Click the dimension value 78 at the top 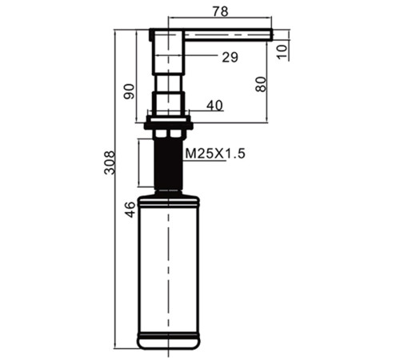[221, 11]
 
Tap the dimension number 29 [230, 57]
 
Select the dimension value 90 [130, 91]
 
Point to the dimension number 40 [214, 106]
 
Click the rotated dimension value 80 [261, 84]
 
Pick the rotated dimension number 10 [282, 52]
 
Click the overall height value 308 [110, 162]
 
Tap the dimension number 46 [130, 210]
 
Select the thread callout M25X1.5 [215, 154]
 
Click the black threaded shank [168, 163]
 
